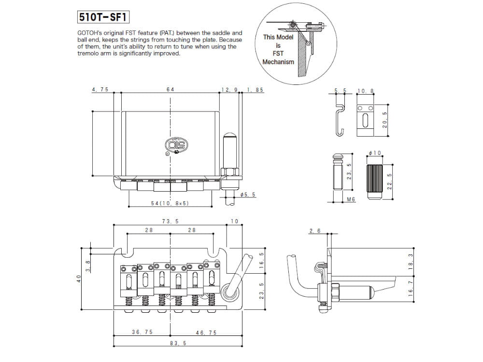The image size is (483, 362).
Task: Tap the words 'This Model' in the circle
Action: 278,37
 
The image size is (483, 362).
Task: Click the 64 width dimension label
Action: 170,90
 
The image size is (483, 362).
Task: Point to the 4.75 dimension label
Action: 100,90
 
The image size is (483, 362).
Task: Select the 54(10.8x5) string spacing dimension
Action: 170,203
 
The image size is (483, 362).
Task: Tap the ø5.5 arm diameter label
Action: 247,195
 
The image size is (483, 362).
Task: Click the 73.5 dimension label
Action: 170,221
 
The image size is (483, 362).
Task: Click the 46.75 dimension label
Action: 206,333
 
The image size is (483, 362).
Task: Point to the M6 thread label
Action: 351,199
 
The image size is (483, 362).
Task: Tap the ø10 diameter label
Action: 375,153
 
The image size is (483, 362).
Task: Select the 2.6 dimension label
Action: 314,231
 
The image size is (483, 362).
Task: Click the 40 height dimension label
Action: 79,278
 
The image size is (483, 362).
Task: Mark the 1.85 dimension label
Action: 255,90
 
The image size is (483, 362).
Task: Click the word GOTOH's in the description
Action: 89,33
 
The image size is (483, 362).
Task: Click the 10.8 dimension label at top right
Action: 365,91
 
